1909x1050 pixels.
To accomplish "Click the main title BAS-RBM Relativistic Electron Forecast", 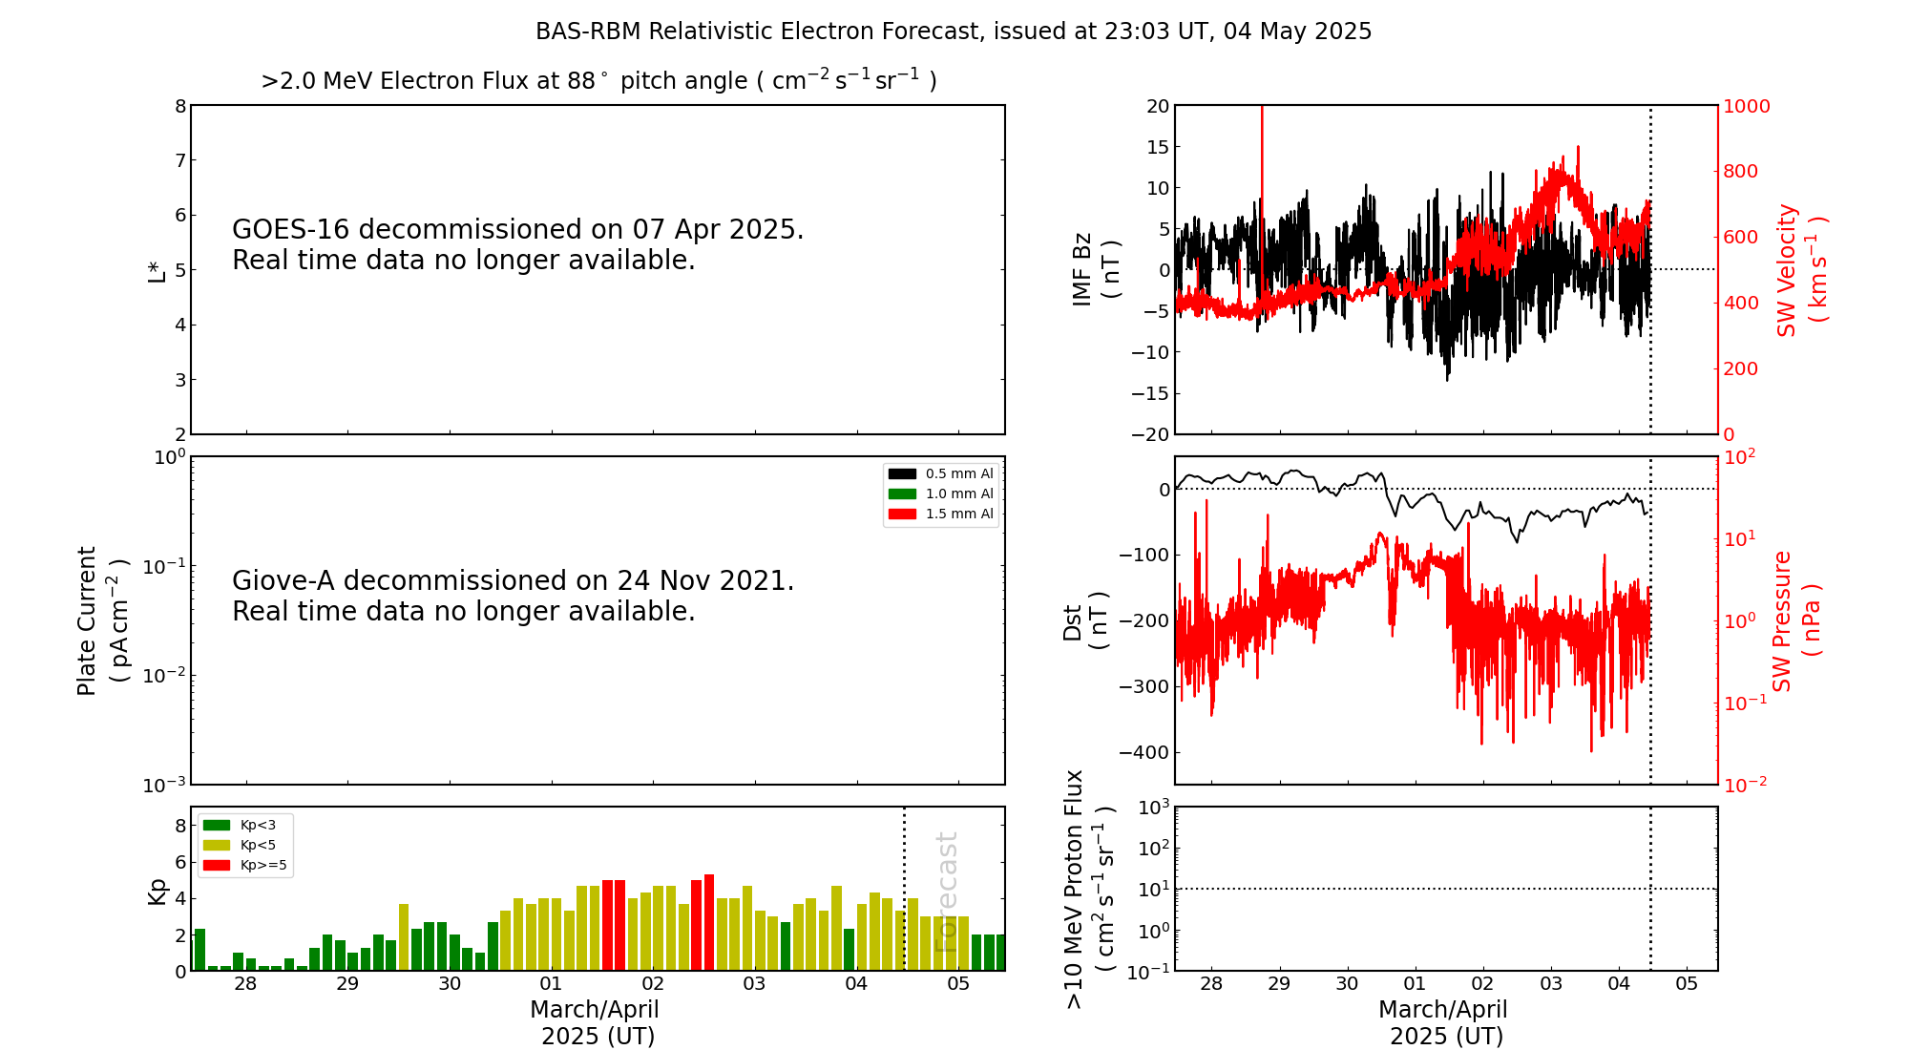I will [953, 31].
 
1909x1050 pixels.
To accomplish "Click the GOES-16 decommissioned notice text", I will [517, 244].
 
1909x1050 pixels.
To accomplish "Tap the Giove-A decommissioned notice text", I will [513, 596].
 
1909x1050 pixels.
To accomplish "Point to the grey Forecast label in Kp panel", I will [946, 892].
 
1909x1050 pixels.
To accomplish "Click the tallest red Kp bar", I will [709, 922].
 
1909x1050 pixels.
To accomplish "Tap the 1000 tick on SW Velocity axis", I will [1746, 106].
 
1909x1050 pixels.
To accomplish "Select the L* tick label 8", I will [180, 106].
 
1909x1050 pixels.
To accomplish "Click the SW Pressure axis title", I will [1796, 620].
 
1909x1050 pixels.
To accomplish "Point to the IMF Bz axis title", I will [1095, 269].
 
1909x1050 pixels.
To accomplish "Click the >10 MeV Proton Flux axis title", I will [1089, 889].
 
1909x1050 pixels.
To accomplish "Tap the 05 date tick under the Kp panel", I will [957, 984].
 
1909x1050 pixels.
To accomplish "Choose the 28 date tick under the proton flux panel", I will [1211, 984].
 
